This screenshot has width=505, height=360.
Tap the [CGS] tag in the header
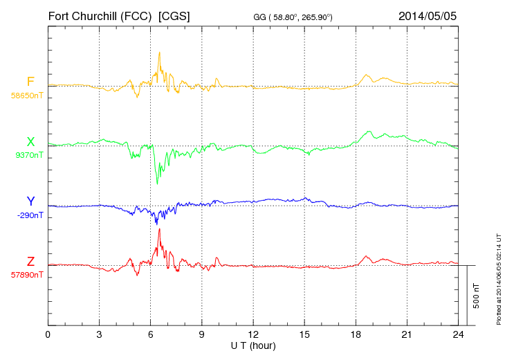tap(174, 15)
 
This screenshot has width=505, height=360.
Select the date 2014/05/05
tap(428, 15)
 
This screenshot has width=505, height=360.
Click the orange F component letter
tap(30, 82)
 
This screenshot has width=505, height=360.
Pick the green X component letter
tap(30, 142)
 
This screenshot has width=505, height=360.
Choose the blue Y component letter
tap(30, 201)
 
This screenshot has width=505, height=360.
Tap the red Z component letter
tap(30, 262)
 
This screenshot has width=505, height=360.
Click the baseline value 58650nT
tap(27, 96)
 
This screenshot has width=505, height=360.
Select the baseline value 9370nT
tap(29, 155)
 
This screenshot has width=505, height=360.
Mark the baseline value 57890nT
tap(27, 275)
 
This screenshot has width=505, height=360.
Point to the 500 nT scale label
tap(477, 295)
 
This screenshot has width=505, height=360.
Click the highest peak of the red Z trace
tap(160, 229)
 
